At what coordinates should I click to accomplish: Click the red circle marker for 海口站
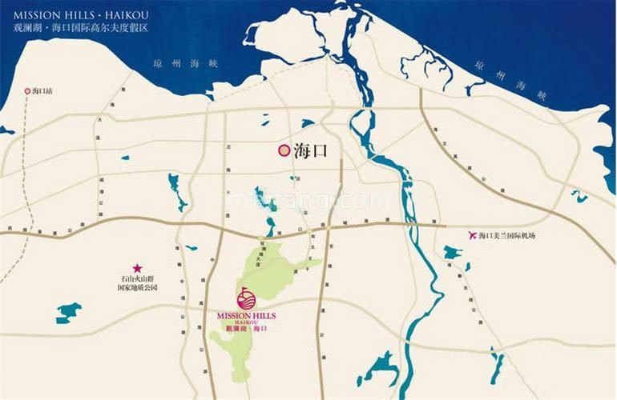click(x=27, y=91)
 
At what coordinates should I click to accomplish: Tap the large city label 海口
click(x=312, y=150)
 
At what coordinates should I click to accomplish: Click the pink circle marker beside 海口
click(x=283, y=150)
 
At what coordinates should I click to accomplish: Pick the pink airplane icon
click(x=470, y=235)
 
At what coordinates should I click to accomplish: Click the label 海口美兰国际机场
click(x=506, y=235)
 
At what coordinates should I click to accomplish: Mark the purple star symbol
click(x=137, y=268)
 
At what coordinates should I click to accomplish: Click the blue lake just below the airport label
click(x=453, y=254)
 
